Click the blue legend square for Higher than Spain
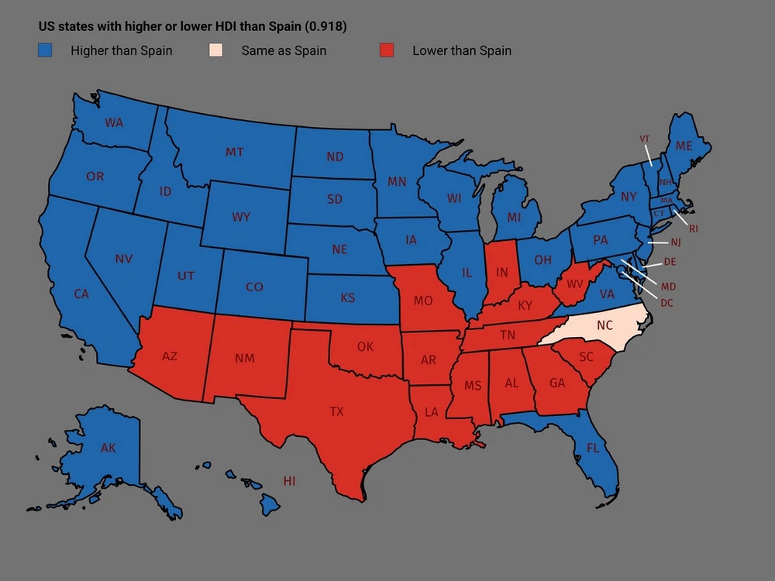point(46,50)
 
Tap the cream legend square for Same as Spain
point(216,50)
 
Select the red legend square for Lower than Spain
point(387,50)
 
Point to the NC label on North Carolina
point(604,326)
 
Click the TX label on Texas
point(336,412)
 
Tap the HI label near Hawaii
point(289,481)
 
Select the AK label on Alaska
point(108,448)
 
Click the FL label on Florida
point(593,448)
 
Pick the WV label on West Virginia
point(575,284)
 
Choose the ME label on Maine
point(684,146)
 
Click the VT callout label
point(644,139)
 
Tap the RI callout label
point(693,229)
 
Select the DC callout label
point(666,303)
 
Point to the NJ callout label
point(675,242)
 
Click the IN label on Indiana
point(502,273)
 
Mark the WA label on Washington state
point(114,122)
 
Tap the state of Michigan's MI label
point(514,218)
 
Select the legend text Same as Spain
point(284,51)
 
